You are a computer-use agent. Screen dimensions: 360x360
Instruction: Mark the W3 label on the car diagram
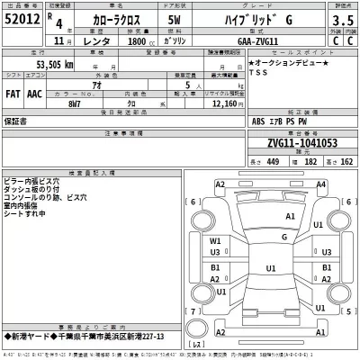215,240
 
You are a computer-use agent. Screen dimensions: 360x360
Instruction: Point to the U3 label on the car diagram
215,252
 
